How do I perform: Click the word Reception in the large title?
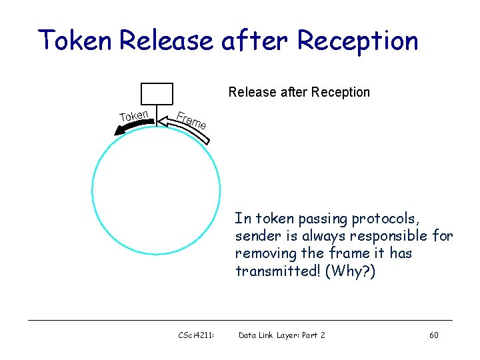[357, 41]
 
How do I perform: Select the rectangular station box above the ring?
[157, 93]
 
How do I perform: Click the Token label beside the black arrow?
[134, 116]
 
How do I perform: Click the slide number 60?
[433, 335]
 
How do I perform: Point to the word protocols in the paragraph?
[387, 219]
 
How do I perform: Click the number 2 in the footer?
[323, 335]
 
